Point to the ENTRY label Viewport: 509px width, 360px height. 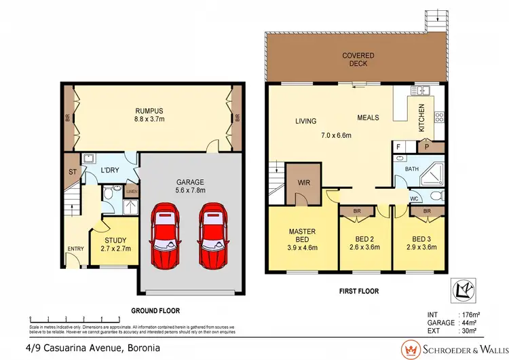tap(75, 248)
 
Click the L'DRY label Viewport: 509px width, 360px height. tap(111, 169)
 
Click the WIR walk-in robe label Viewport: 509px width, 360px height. tap(301, 182)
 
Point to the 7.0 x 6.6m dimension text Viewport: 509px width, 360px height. tap(335, 134)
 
